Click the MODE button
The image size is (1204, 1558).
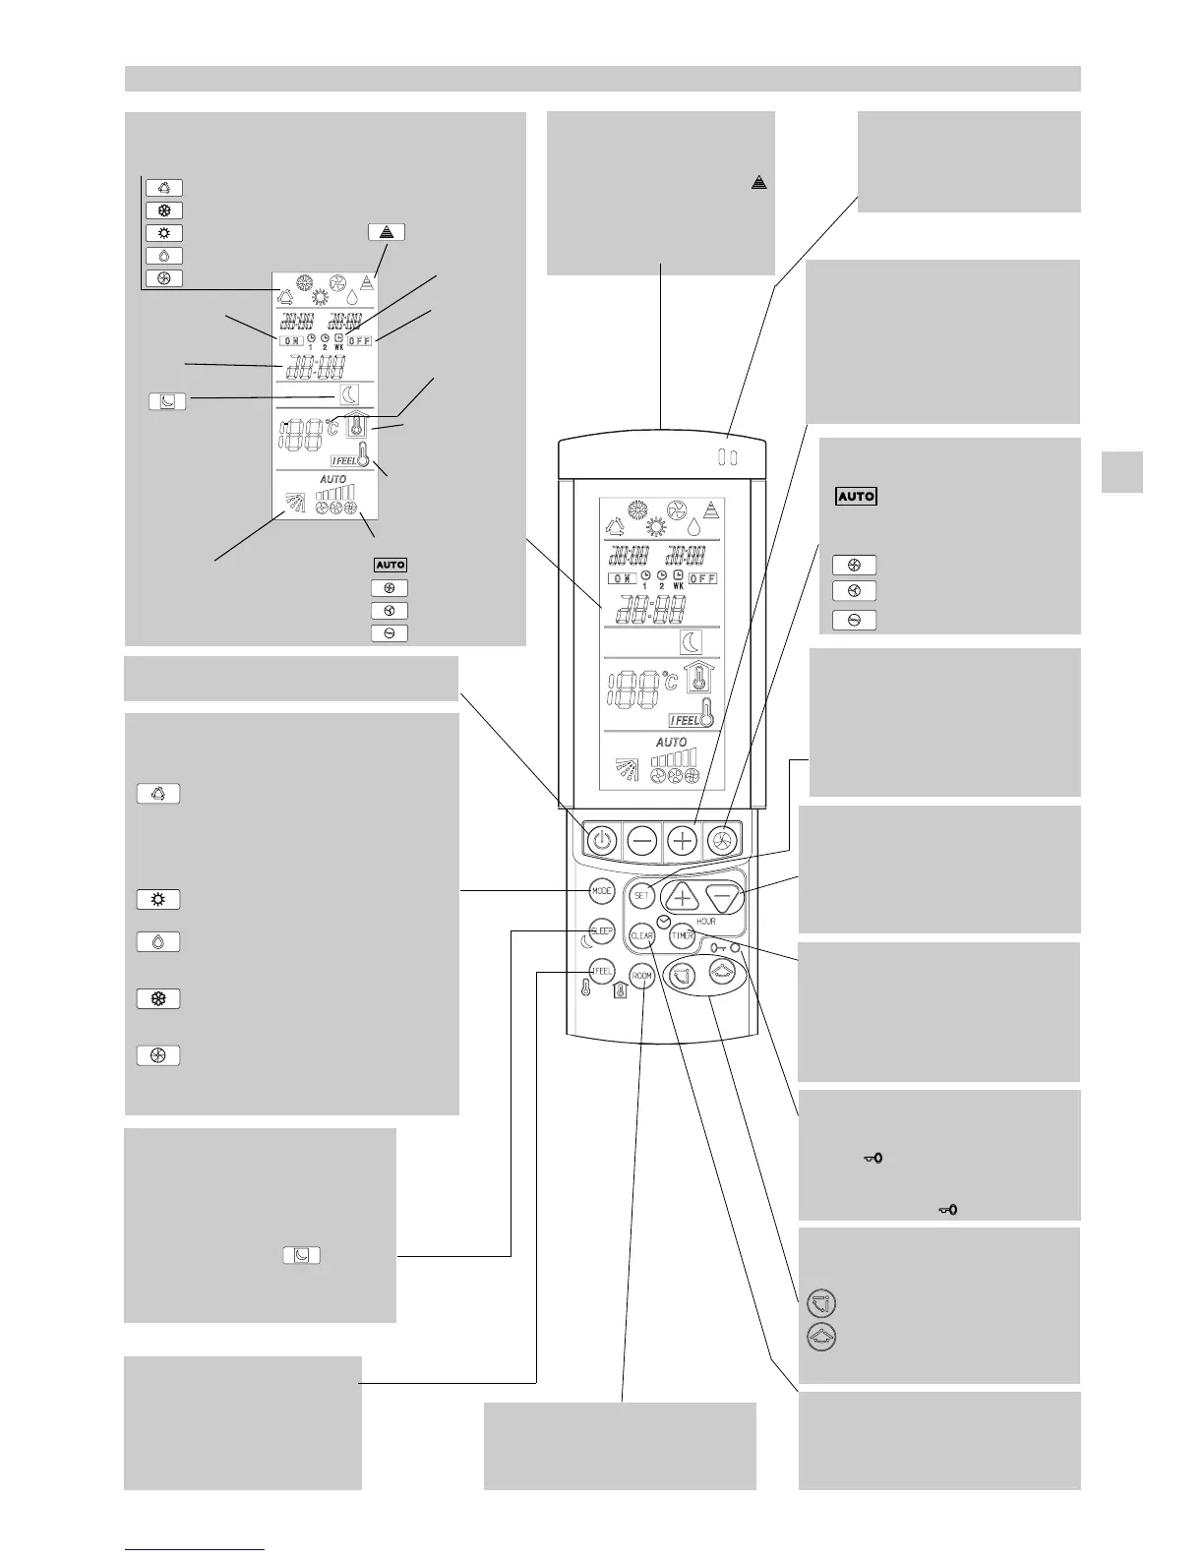point(602,891)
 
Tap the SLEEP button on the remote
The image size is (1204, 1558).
point(601,930)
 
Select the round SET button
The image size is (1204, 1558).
point(642,896)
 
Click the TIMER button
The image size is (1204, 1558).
point(683,937)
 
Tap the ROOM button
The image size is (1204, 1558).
point(642,977)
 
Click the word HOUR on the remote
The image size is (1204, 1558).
point(705,922)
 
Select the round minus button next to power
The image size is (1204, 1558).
point(642,841)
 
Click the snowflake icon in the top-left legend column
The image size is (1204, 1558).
point(163,210)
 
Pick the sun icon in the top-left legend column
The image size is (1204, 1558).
point(163,233)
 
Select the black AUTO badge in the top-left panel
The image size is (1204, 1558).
point(390,565)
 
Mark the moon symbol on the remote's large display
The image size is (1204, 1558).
point(692,642)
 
